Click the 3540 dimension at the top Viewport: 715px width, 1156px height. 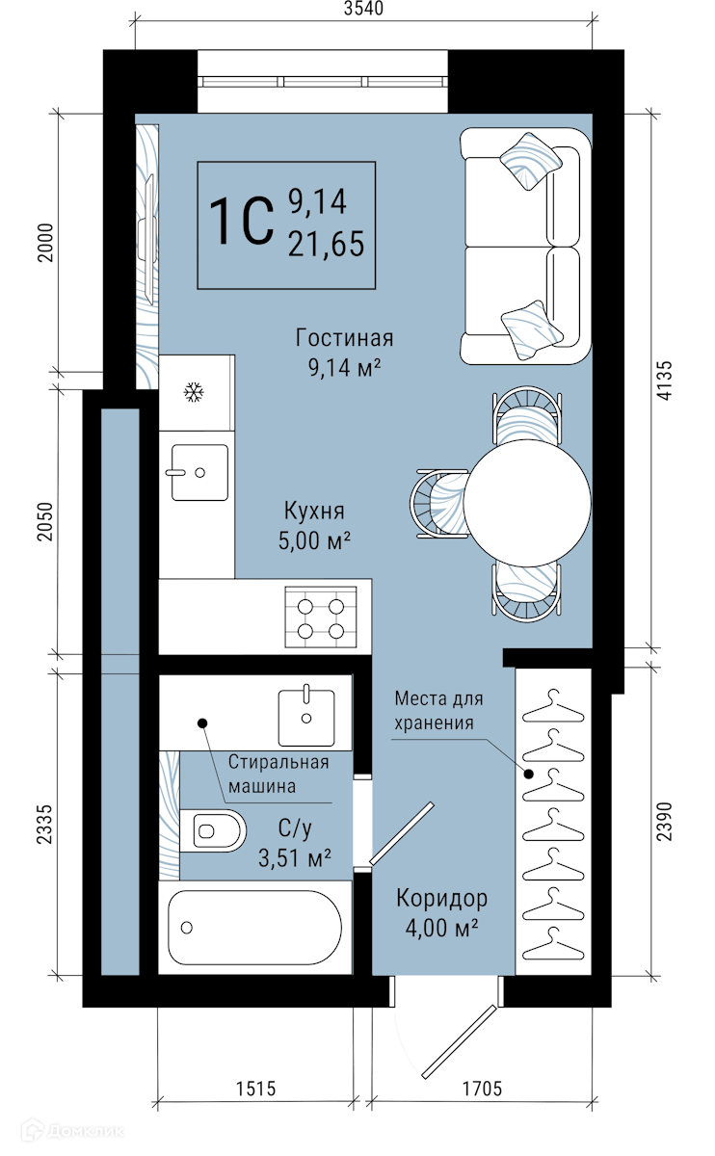(363, 9)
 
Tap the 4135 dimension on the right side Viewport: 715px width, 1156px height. (665, 380)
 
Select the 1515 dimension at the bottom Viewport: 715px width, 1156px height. (255, 1089)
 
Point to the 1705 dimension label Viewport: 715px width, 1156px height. (482, 1089)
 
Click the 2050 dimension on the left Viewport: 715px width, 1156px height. (45, 521)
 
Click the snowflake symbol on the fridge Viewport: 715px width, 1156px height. (194, 392)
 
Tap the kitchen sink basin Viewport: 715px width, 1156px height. (199, 472)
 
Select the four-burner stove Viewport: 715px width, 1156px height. (321, 617)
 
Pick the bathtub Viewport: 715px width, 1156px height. (255, 928)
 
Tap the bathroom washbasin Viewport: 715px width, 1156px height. (306, 718)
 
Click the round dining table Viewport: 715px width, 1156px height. (527, 503)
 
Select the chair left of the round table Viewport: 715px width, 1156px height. (439, 504)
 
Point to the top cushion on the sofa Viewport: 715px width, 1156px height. (530, 161)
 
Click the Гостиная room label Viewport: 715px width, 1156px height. (344, 338)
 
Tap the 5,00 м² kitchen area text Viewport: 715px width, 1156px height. (314, 540)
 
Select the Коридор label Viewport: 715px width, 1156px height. (442, 899)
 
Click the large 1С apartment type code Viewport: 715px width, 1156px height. (242, 221)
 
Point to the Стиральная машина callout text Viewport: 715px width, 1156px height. (278, 775)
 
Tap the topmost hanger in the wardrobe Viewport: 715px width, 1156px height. (553, 705)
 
